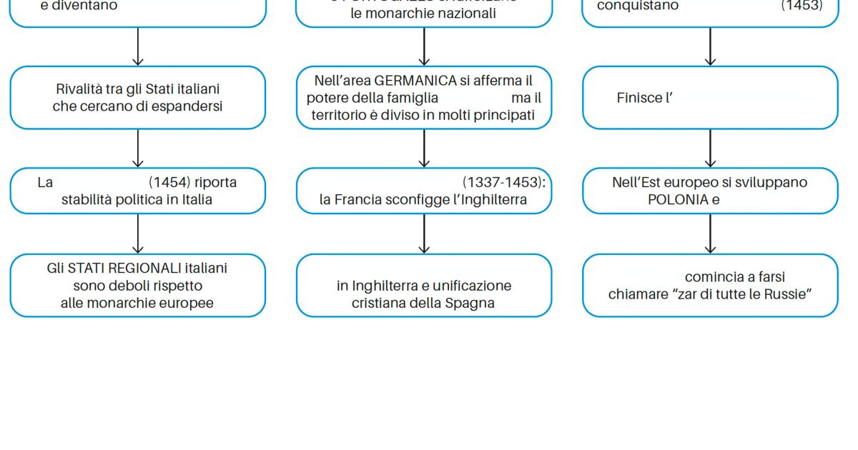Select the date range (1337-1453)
[503, 182]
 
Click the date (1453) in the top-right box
[801, 6]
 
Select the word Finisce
[639, 98]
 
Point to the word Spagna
[470, 303]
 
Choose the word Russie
[789, 294]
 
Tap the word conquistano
[638, 6]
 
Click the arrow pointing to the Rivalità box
[138, 47]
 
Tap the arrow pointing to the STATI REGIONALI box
[138, 234]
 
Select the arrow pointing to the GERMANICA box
[424, 47]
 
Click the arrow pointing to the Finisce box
[710, 47]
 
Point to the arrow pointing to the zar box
[710, 234]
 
